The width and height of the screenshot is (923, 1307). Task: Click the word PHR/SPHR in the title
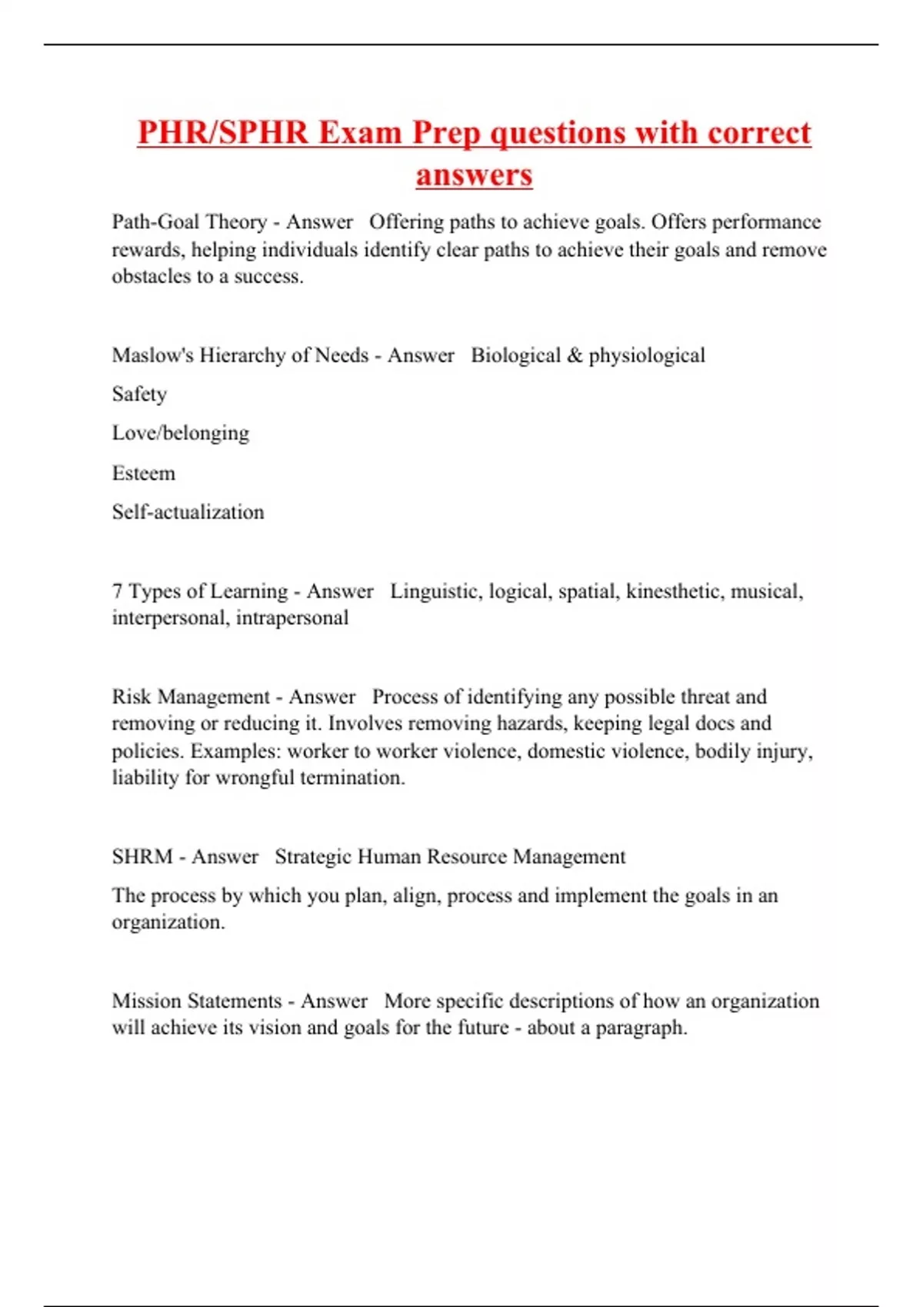[222, 133]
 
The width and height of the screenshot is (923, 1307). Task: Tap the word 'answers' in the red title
[474, 175]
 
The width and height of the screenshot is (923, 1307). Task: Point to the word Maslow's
[152, 355]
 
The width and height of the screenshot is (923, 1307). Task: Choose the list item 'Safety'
[139, 394]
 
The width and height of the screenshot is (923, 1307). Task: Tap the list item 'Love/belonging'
[181, 434]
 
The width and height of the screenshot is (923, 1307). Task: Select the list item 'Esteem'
[144, 473]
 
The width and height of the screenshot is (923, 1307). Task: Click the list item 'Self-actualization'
[188, 512]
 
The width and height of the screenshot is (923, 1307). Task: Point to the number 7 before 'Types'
[117, 591]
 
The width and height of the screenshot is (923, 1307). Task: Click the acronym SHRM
[142, 856]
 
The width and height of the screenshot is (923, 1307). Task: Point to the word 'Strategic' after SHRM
[313, 856]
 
